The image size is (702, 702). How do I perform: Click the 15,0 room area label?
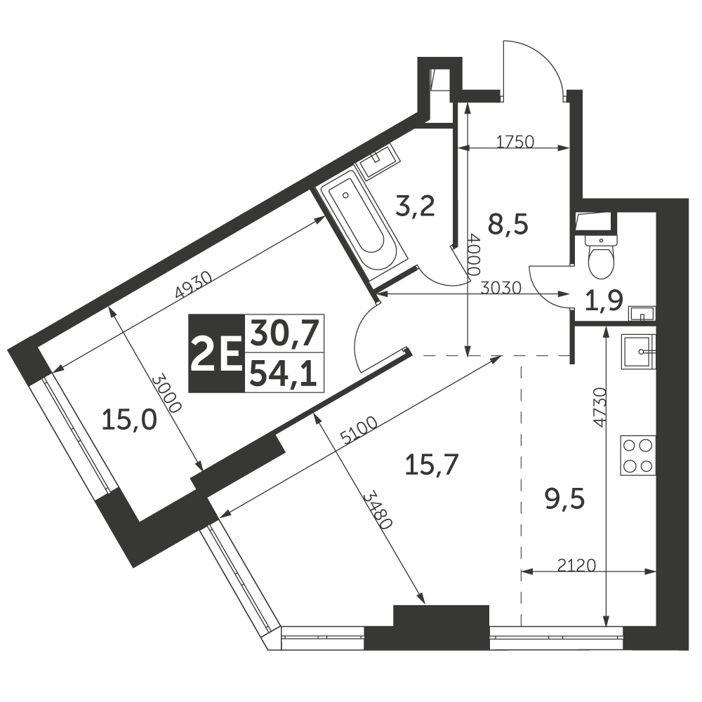pyautogui.click(x=129, y=420)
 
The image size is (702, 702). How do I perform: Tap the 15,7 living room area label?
pyautogui.click(x=432, y=465)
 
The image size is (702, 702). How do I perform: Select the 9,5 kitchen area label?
pyautogui.click(x=565, y=500)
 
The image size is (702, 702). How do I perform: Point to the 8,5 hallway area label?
pyautogui.click(x=508, y=225)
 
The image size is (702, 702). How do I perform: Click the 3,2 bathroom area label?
pyautogui.click(x=416, y=206)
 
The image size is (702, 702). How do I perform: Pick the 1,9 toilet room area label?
pyautogui.click(x=604, y=301)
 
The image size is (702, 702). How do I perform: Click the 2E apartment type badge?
pyautogui.click(x=217, y=354)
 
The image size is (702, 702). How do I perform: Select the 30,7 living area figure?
pyautogui.click(x=284, y=334)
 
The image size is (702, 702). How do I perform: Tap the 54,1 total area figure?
pyautogui.click(x=284, y=374)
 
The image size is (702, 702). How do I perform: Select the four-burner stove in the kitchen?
pyautogui.click(x=638, y=456)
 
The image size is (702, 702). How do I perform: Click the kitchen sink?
pyautogui.click(x=638, y=352)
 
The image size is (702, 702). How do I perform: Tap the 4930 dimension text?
pyautogui.click(x=194, y=285)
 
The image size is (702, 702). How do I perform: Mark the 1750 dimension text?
pyautogui.click(x=515, y=142)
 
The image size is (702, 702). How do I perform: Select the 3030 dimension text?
pyautogui.click(x=501, y=288)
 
